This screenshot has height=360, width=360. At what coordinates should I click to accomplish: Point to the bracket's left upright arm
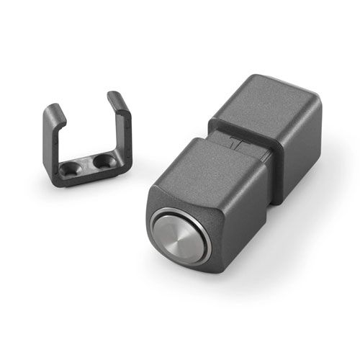point(52,140)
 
